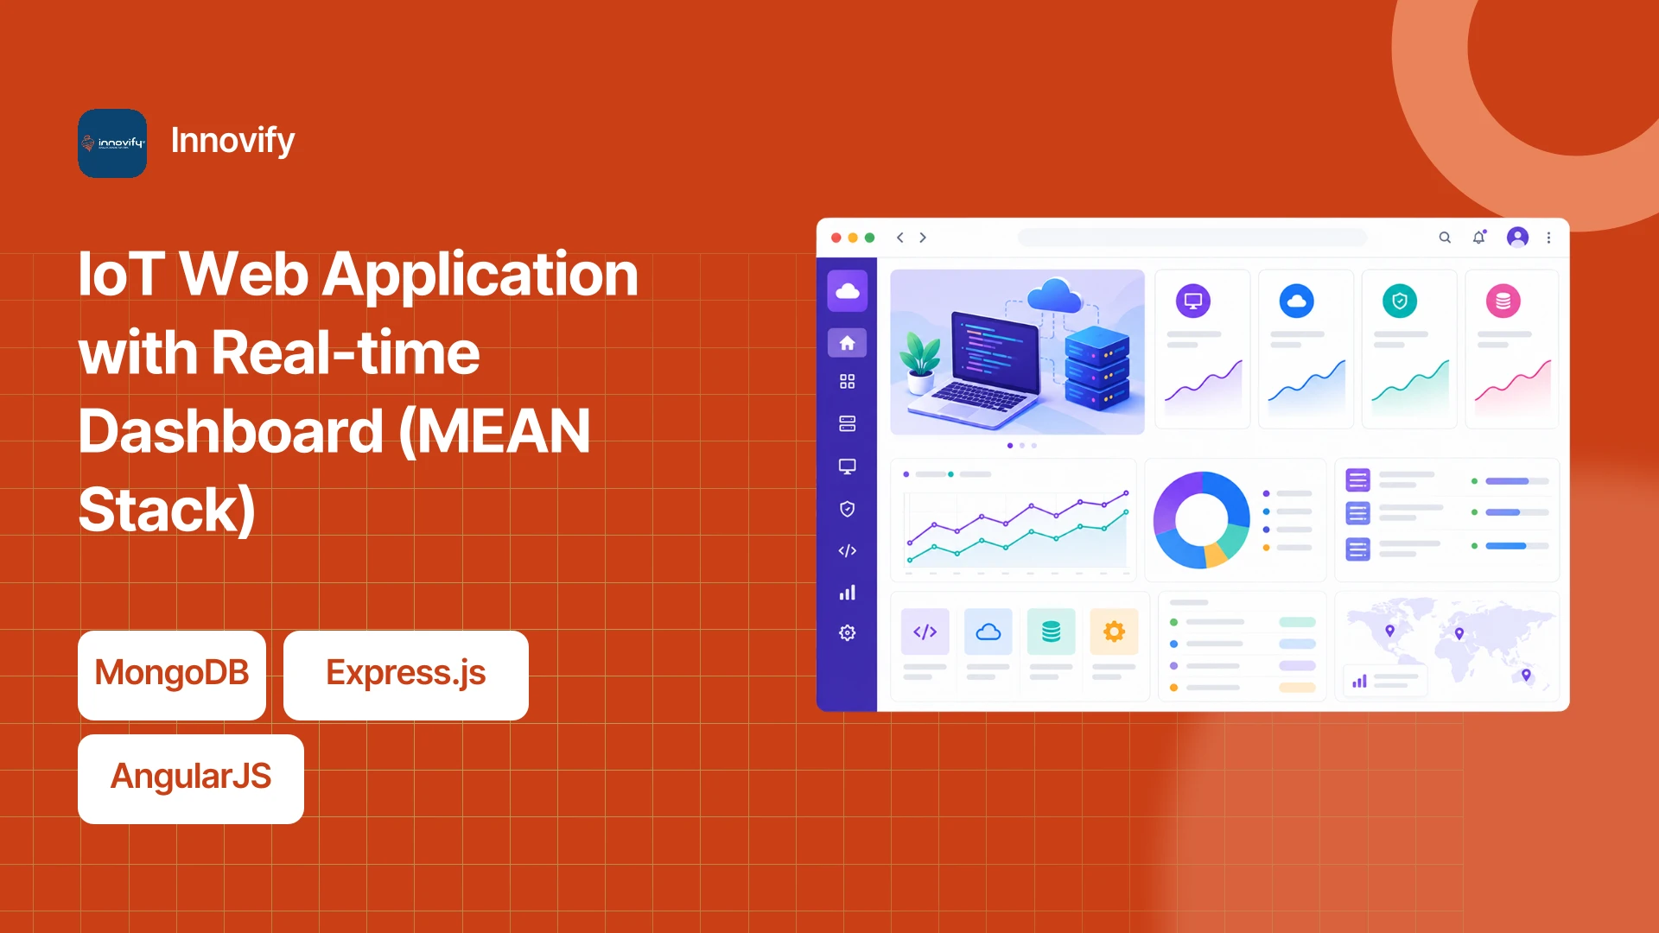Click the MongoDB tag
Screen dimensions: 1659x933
tap(172, 675)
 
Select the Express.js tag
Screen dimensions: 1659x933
tap(406, 675)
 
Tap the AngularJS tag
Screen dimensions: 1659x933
tap(191, 778)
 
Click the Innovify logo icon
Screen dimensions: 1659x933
tap(112, 143)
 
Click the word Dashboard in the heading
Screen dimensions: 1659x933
tap(231, 431)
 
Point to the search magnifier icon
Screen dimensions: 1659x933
tap(1445, 238)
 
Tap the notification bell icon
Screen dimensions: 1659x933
tap(1479, 238)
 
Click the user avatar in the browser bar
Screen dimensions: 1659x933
tap(1517, 238)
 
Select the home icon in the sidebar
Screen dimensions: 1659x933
tap(847, 343)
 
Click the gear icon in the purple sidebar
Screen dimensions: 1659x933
tap(847, 633)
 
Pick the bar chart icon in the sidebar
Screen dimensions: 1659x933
tap(847, 593)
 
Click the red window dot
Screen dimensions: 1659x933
tap(836, 238)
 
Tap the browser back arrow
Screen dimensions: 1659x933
tap(900, 238)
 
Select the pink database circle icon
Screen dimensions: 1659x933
tap(1503, 301)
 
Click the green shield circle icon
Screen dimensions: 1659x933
tap(1400, 301)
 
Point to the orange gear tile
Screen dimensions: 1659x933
tap(1114, 632)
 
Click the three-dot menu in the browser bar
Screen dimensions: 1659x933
tap(1548, 238)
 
